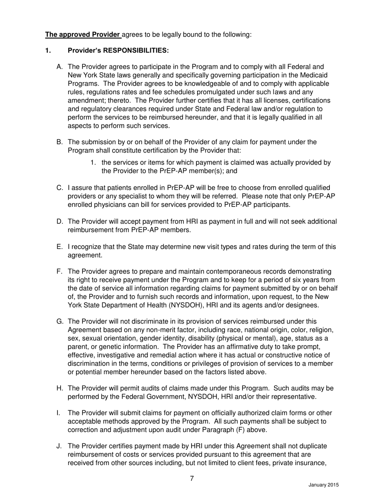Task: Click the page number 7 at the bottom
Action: click(192, 479)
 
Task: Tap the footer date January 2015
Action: click(323, 485)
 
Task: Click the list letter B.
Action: click(59, 142)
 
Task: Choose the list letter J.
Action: click(59, 446)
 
